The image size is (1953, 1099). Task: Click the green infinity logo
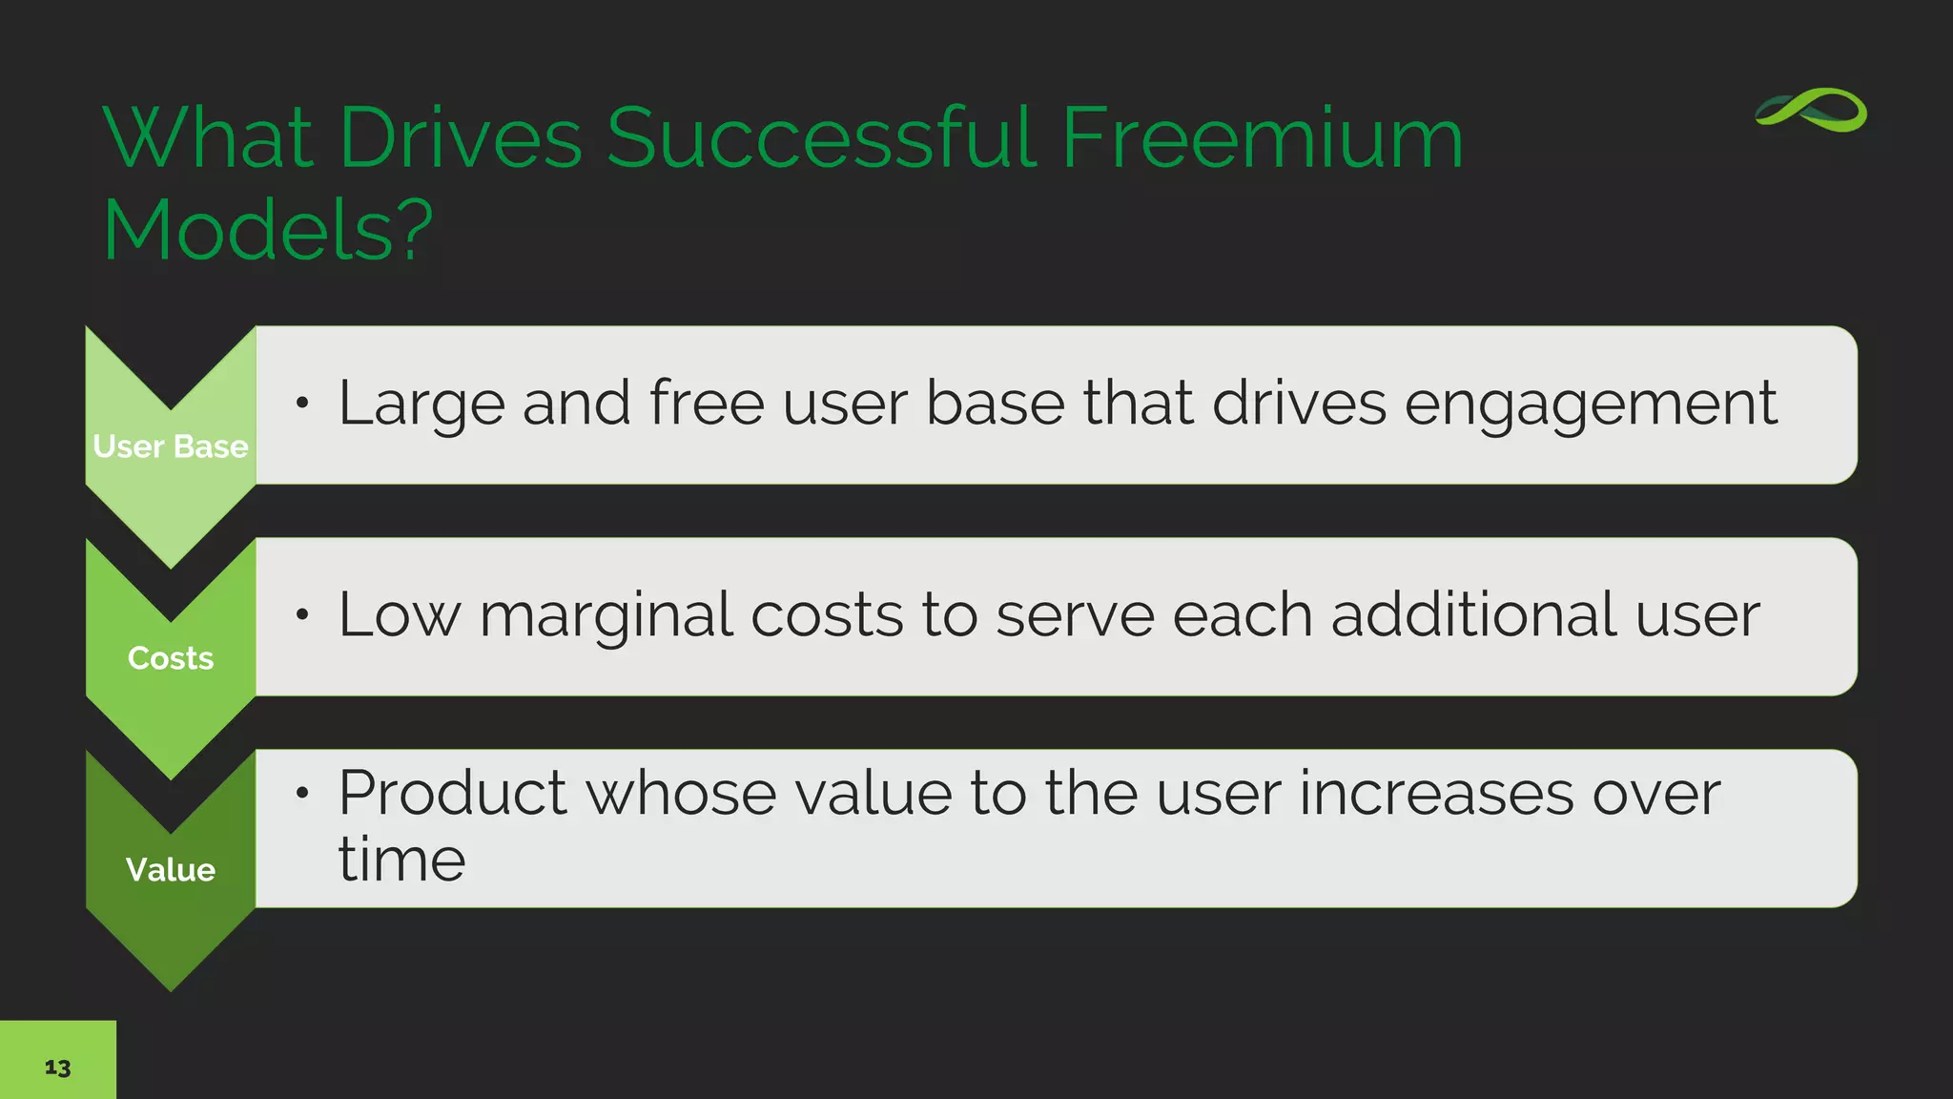(x=1810, y=112)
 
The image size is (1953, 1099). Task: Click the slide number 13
(x=57, y=1068)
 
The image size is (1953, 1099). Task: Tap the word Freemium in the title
(x=1261, y=139)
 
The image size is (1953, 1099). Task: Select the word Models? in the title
(x=267, y=231)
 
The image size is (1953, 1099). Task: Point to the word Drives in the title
(x=459, y=139)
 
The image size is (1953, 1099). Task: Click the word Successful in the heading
(x=821, y=139)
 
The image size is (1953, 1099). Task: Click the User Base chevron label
(x=171, y=446)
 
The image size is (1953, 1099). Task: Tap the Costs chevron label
(x=171, y=658)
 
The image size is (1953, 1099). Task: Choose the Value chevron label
(x=171, y=870)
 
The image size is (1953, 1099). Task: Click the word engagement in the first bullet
(x=1590, y=404)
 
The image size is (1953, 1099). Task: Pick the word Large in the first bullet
(x=421, y=404)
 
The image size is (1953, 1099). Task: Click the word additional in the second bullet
(x=1473, y=614)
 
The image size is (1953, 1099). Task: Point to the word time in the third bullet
(x=401, y=861)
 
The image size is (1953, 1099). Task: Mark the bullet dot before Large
(x=302, y=404)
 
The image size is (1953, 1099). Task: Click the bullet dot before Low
(x=302, y=615)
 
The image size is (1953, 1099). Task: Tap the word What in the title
(x=209, y=139)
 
